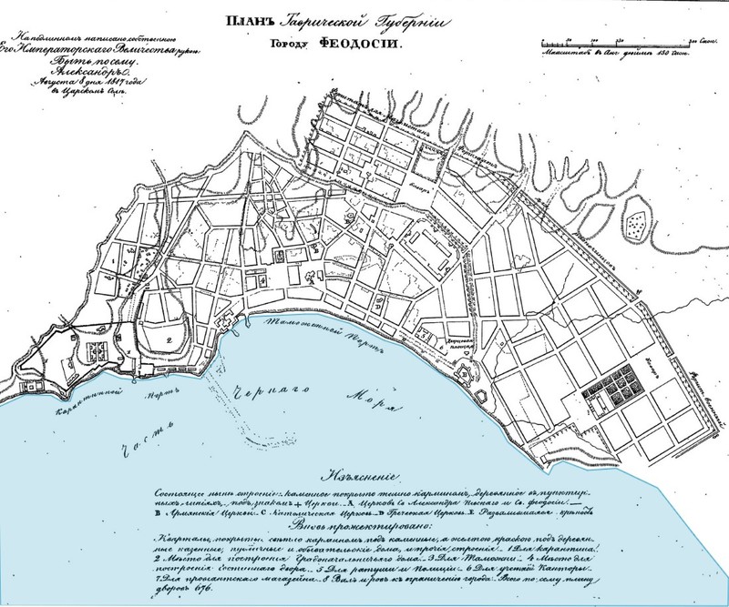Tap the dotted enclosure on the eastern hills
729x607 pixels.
pyautogui.click(x=637, y=218)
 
